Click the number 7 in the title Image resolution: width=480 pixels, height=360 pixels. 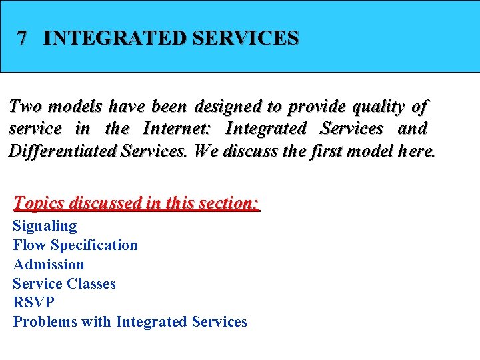(x=23, y=38)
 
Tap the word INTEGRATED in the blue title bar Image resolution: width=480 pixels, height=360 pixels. (x=114, y=38)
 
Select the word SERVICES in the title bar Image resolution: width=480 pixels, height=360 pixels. (x=245, y=38)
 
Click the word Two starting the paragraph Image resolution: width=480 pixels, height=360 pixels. (x=25, y=106)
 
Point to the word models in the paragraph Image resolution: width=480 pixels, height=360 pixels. (x=75, y=106)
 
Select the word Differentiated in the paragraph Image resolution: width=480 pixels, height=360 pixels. (x=63, y=150)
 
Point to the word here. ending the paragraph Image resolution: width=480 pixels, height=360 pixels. (x=416, y=150)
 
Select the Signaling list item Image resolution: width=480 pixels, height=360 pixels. (x=45, y=226)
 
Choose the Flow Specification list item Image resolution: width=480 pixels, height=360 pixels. (x=75, y=245)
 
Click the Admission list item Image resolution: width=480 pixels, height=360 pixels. (x=49, y=264)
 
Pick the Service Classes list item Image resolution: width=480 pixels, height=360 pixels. (x=64, y=283)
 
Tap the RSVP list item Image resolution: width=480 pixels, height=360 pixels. (x=34, y=302)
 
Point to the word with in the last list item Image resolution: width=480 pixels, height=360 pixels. (x=96, y=321)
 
